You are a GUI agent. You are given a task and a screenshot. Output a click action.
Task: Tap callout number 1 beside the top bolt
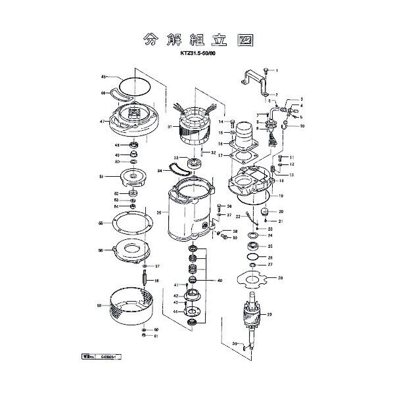click(x=277, y=70)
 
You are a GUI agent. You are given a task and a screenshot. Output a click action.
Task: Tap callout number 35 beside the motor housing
click(x=158, y=213)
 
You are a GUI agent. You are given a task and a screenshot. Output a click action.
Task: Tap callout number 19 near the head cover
click(x=281, y=196)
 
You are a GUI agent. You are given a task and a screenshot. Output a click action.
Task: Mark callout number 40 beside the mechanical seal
click(x=220, y=280)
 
